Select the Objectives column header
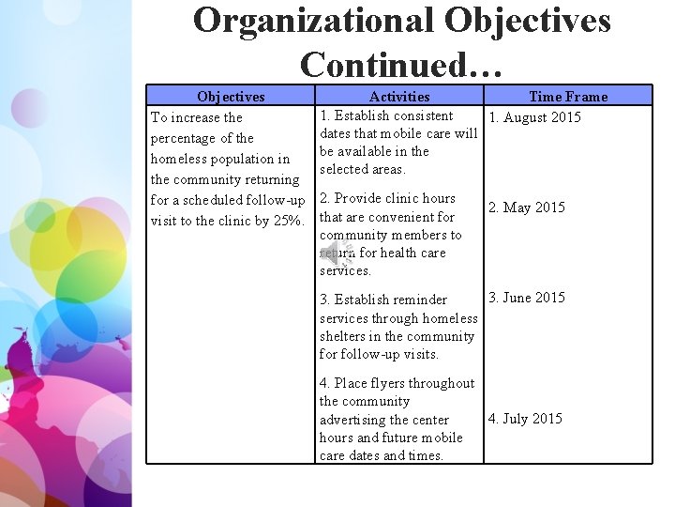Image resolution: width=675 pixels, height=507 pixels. [x=231, y=96]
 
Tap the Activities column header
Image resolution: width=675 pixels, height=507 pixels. [x=399, y=96]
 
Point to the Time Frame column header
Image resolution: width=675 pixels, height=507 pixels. [x=568, y=96]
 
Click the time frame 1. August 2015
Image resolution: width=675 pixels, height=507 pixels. [x=534, y=117]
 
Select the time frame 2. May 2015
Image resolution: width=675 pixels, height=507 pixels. [x=527, y=207]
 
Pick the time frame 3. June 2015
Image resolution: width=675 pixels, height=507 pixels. [x=527, y=298]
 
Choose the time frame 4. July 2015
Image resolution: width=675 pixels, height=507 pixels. [x=525, y=419]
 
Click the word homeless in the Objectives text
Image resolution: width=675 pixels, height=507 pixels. [x=180, y=159]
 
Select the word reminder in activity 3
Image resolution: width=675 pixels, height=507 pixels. [x=421, y=300]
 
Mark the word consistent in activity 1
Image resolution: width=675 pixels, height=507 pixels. [x=422, y=115]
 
